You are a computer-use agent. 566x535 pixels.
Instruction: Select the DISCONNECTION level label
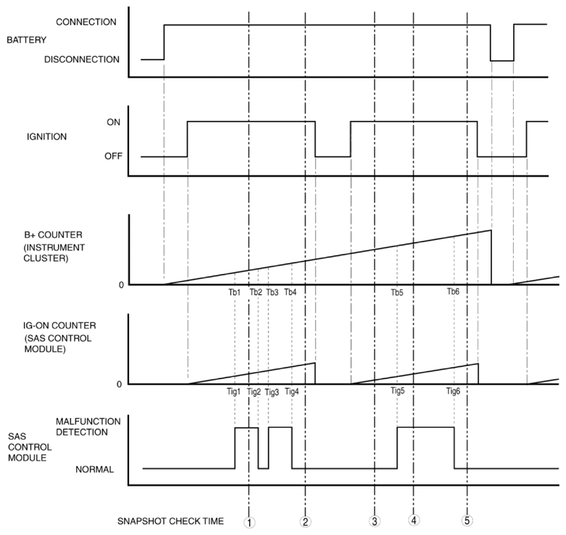pos(82,59)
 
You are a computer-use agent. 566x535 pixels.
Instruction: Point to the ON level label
pos(114,123)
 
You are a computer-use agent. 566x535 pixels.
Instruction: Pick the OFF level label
pos(112,156)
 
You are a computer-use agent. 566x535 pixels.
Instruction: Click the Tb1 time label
pos(234,292)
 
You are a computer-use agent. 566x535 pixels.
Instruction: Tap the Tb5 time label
pos(397,293)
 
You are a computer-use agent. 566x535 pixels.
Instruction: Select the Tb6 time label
pos(453,291)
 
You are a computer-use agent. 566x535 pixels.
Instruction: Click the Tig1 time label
pos(233,391)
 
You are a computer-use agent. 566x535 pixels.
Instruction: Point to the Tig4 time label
pos(291,391)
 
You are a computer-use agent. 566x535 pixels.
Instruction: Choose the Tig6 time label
pos(453,391)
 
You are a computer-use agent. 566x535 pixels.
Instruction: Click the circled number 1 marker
pos(249,521)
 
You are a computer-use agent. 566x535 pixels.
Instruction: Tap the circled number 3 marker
pos(375,521)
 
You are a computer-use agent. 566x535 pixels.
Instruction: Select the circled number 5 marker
pos(467,521)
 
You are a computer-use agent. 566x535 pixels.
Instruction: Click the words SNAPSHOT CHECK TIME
pos(170,521)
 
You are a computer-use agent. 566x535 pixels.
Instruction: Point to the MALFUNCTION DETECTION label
pos(92,426)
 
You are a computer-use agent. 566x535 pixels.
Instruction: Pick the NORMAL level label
pos(94,469)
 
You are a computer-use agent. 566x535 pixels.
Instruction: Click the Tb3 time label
pos(272,292)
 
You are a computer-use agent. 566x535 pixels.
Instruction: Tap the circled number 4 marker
pos(414,520)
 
